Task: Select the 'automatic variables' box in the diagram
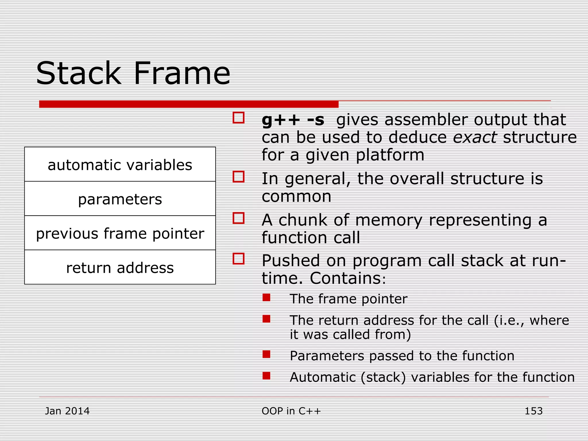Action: [120, 165]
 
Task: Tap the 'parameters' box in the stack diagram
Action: [120, 199]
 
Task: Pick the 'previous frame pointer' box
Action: [120, 233]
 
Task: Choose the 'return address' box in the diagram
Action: [120, 268]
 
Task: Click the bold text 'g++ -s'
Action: [293, 120]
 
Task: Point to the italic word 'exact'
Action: [475, 137]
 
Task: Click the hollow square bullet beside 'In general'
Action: [239, 177]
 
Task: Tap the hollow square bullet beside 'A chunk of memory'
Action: [239, 218]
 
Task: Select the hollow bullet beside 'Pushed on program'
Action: [239, 258]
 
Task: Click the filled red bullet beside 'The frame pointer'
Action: [266, 297]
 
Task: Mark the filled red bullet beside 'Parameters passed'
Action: [266, 354]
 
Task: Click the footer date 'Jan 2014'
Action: [67, 411]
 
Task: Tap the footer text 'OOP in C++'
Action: [291, 411]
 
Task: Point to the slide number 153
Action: [533, 411]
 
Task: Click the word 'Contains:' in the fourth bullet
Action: [348, 278]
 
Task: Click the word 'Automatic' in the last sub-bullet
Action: [323, 377]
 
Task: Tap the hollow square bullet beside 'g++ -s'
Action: [239, 118]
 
